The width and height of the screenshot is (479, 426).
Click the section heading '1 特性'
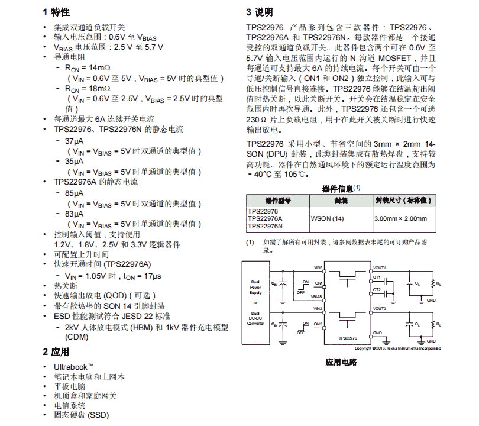tap(56, 12)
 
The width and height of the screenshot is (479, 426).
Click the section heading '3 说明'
tap(260, 12)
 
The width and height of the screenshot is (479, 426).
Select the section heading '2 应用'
tap(56, 352)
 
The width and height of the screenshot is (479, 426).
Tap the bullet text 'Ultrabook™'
tap(73, 367)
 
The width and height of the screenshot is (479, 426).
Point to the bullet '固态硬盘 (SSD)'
tap(82, 415)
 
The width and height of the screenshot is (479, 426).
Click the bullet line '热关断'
tap(66, 285)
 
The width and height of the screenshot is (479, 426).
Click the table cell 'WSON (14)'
tap(327, 218)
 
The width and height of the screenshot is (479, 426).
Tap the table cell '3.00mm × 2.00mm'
tap(400, 218)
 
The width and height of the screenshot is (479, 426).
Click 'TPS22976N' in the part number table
tap(265, 226)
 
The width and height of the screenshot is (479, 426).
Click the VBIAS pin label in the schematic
tap(317, 296)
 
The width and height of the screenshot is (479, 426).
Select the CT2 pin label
tap(377, 289)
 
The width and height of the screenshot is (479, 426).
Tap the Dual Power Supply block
tap(255, 288)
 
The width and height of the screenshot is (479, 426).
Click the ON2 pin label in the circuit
tap(318, 324)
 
